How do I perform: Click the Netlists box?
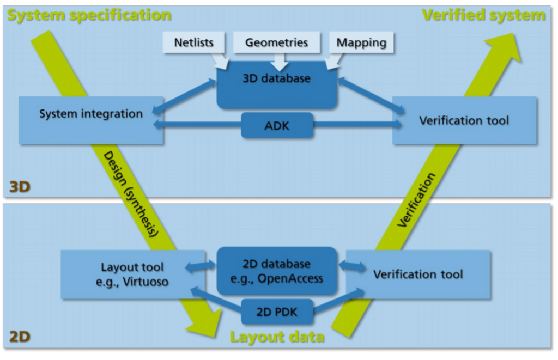click(193, 42)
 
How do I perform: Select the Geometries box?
click(276, 42)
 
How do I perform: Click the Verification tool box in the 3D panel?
click(464, 120)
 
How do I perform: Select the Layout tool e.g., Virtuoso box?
click(132, 274)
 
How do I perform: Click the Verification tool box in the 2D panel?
click(418, 274)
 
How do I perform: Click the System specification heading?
click(89, 15)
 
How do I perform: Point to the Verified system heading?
click(484, 15)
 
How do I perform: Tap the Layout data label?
click(276, 337)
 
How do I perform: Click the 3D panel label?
click(20, 187)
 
